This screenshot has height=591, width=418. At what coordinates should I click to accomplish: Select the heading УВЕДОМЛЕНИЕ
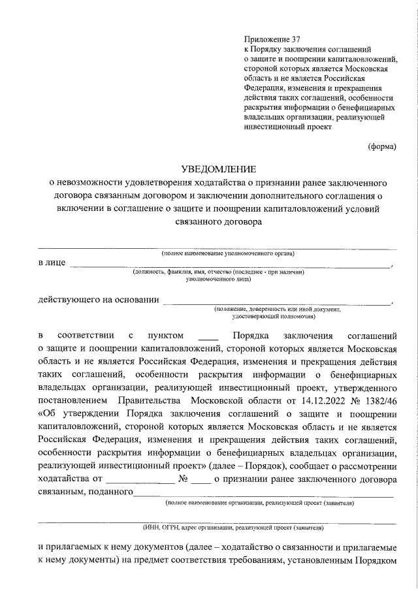pyautogui.click(x=218, y=168)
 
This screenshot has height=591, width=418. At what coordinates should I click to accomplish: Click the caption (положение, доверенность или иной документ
pyautogui.click(x=278, y=309)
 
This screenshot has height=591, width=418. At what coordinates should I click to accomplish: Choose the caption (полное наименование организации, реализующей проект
pyautogui.click(x=260, y=503)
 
